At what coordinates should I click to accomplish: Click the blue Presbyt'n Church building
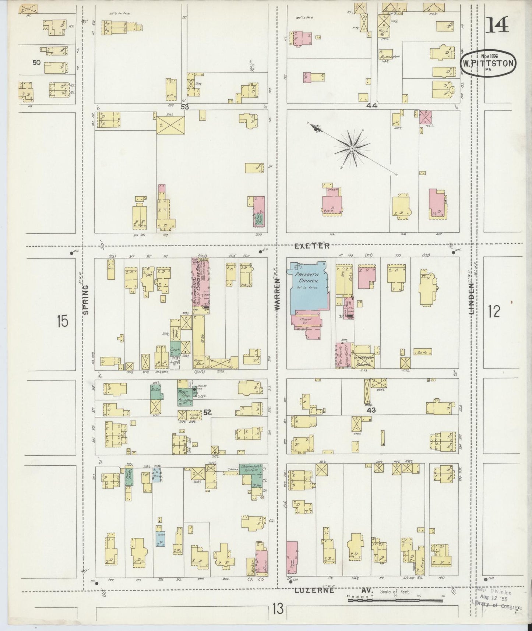tap(307, 285)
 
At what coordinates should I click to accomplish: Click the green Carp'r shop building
tap(175, 348)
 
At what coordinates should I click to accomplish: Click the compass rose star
tap(352, 148)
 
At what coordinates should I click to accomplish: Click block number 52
tap(207, 412)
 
